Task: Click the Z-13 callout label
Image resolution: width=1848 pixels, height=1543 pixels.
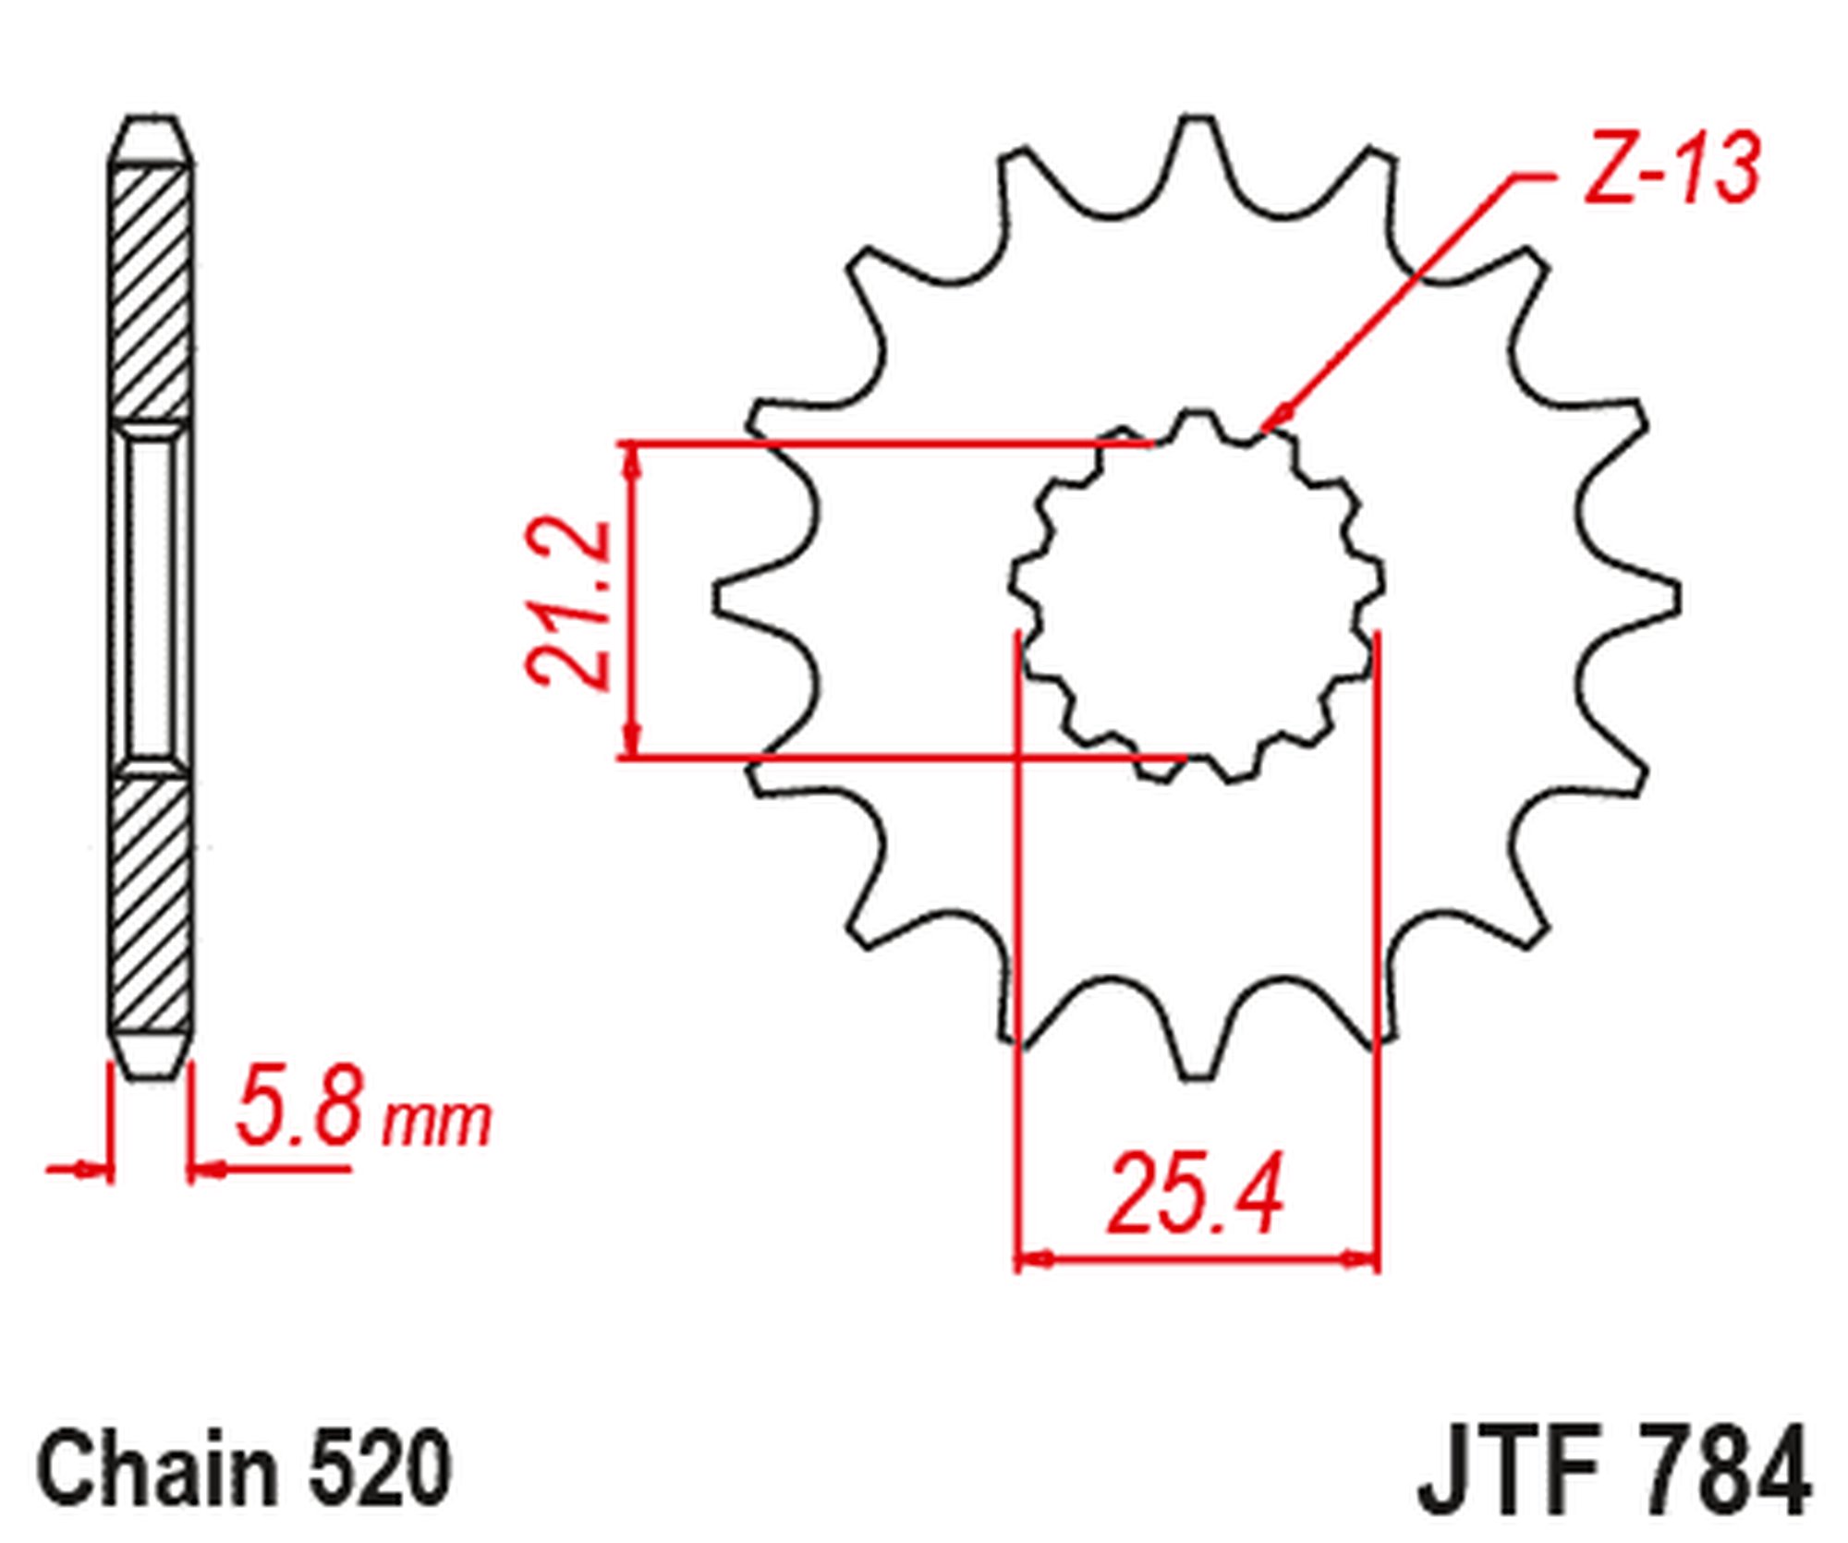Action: pos(1671,168)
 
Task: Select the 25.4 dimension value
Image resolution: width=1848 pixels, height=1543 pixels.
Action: pos(1196,1194)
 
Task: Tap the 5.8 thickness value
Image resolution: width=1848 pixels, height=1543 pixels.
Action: pos(298,1107)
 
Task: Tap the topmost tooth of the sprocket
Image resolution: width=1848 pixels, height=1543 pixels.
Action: pos(1198,139)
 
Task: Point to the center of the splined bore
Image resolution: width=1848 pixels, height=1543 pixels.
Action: pos(1198,596)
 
